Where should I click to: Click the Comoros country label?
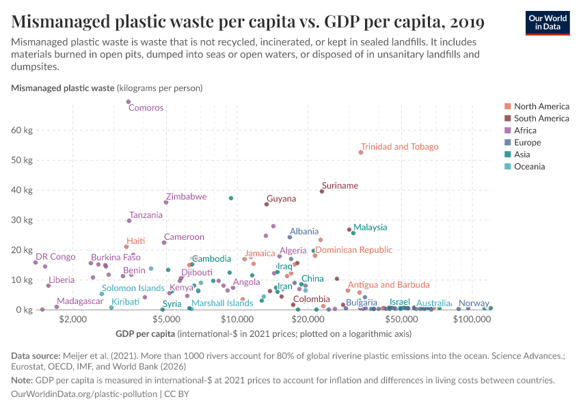tap(146, 107)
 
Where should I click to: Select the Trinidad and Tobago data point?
tap(361, 152)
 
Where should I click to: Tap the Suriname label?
tap(340, 185)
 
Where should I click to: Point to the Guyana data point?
tap(267, 204)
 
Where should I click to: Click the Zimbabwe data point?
tap(166, 202)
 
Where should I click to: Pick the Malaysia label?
tap(370, 227)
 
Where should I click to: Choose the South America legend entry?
tap(541, 118)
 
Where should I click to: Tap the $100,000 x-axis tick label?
tap(469, 320)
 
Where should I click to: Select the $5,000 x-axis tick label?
tap(165, 320)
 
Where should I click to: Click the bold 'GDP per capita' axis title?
tap(141, 333)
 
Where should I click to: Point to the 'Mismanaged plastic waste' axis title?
tap(63, 87)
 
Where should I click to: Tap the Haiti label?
tap(135, 241)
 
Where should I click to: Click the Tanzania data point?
tap(129, 221)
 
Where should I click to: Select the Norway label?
tap(474, 303)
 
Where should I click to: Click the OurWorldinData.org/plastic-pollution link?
tap(84, 394)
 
